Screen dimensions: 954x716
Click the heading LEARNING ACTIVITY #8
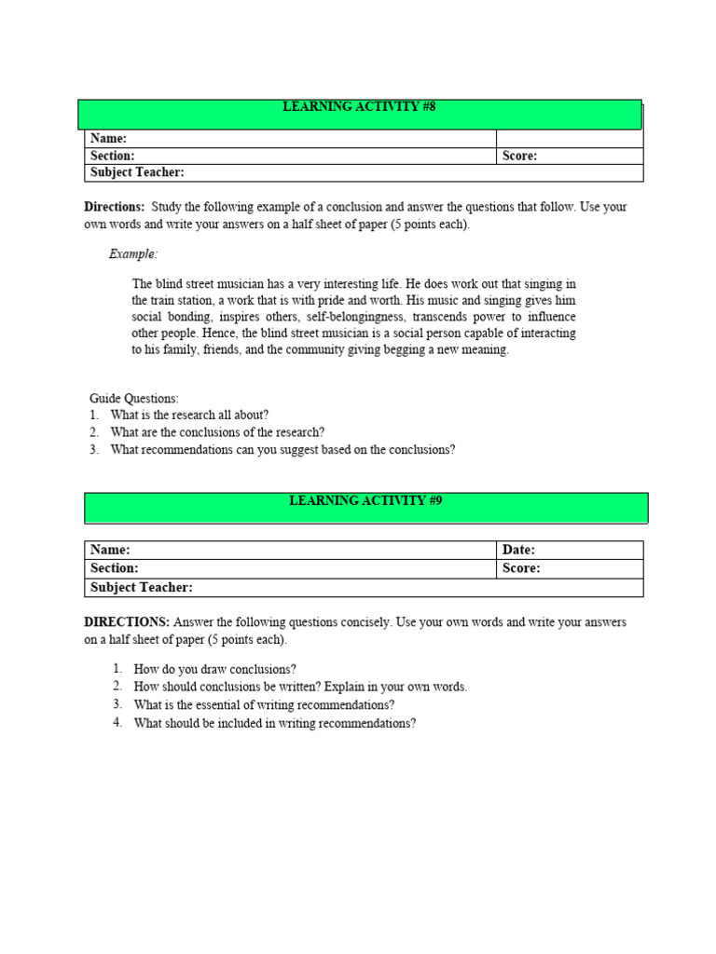(x=359, y=107)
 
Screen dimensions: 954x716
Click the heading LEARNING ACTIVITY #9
(x=365, y=501)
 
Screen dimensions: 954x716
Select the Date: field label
(x=518, y=550)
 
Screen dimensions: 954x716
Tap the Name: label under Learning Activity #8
(x=108, y=139)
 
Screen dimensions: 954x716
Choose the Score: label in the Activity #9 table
(x=521, y=568)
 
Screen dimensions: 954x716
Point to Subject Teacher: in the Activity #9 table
(x=141, y=587)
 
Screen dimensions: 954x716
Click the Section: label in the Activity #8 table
(x=112, y=157)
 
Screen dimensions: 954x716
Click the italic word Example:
(x=133, y=253)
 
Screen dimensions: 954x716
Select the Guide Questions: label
(x=134, y=398)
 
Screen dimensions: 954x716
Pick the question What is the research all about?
(x=189, y=415)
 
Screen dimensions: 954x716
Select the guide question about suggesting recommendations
(x=282, y=450)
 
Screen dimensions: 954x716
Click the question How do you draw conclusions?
(x=214, y=669)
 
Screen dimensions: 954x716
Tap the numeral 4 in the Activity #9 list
(x=117, y=723)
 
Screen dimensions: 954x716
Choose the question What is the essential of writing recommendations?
(x=264, y=705)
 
